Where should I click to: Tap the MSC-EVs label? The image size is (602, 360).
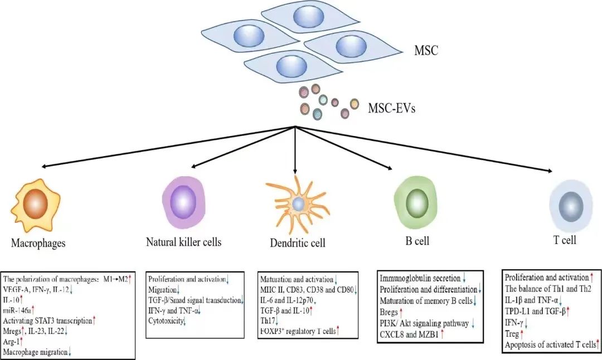coord(391,107)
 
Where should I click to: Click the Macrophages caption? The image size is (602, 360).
coord(38,243)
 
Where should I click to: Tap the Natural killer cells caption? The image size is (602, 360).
coord(183,242)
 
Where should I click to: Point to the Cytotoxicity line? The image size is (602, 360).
coord(166,320)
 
